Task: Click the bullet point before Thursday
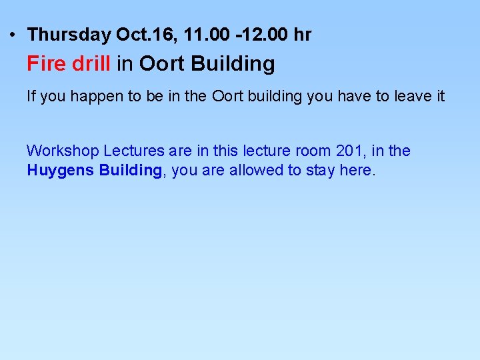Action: tap(14, 34)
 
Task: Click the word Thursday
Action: tap(69, 35)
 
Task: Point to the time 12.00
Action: tap(263, 35)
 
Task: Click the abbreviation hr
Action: tap(302, 35)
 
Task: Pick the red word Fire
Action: tap(46, 64)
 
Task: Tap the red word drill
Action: tap(91, 64)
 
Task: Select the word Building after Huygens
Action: tap(130, 170)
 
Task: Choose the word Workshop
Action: tap(62, 151)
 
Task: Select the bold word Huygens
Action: tap(61, 171)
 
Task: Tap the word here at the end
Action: tap(357, 170)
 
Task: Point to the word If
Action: tap(31, 97)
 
